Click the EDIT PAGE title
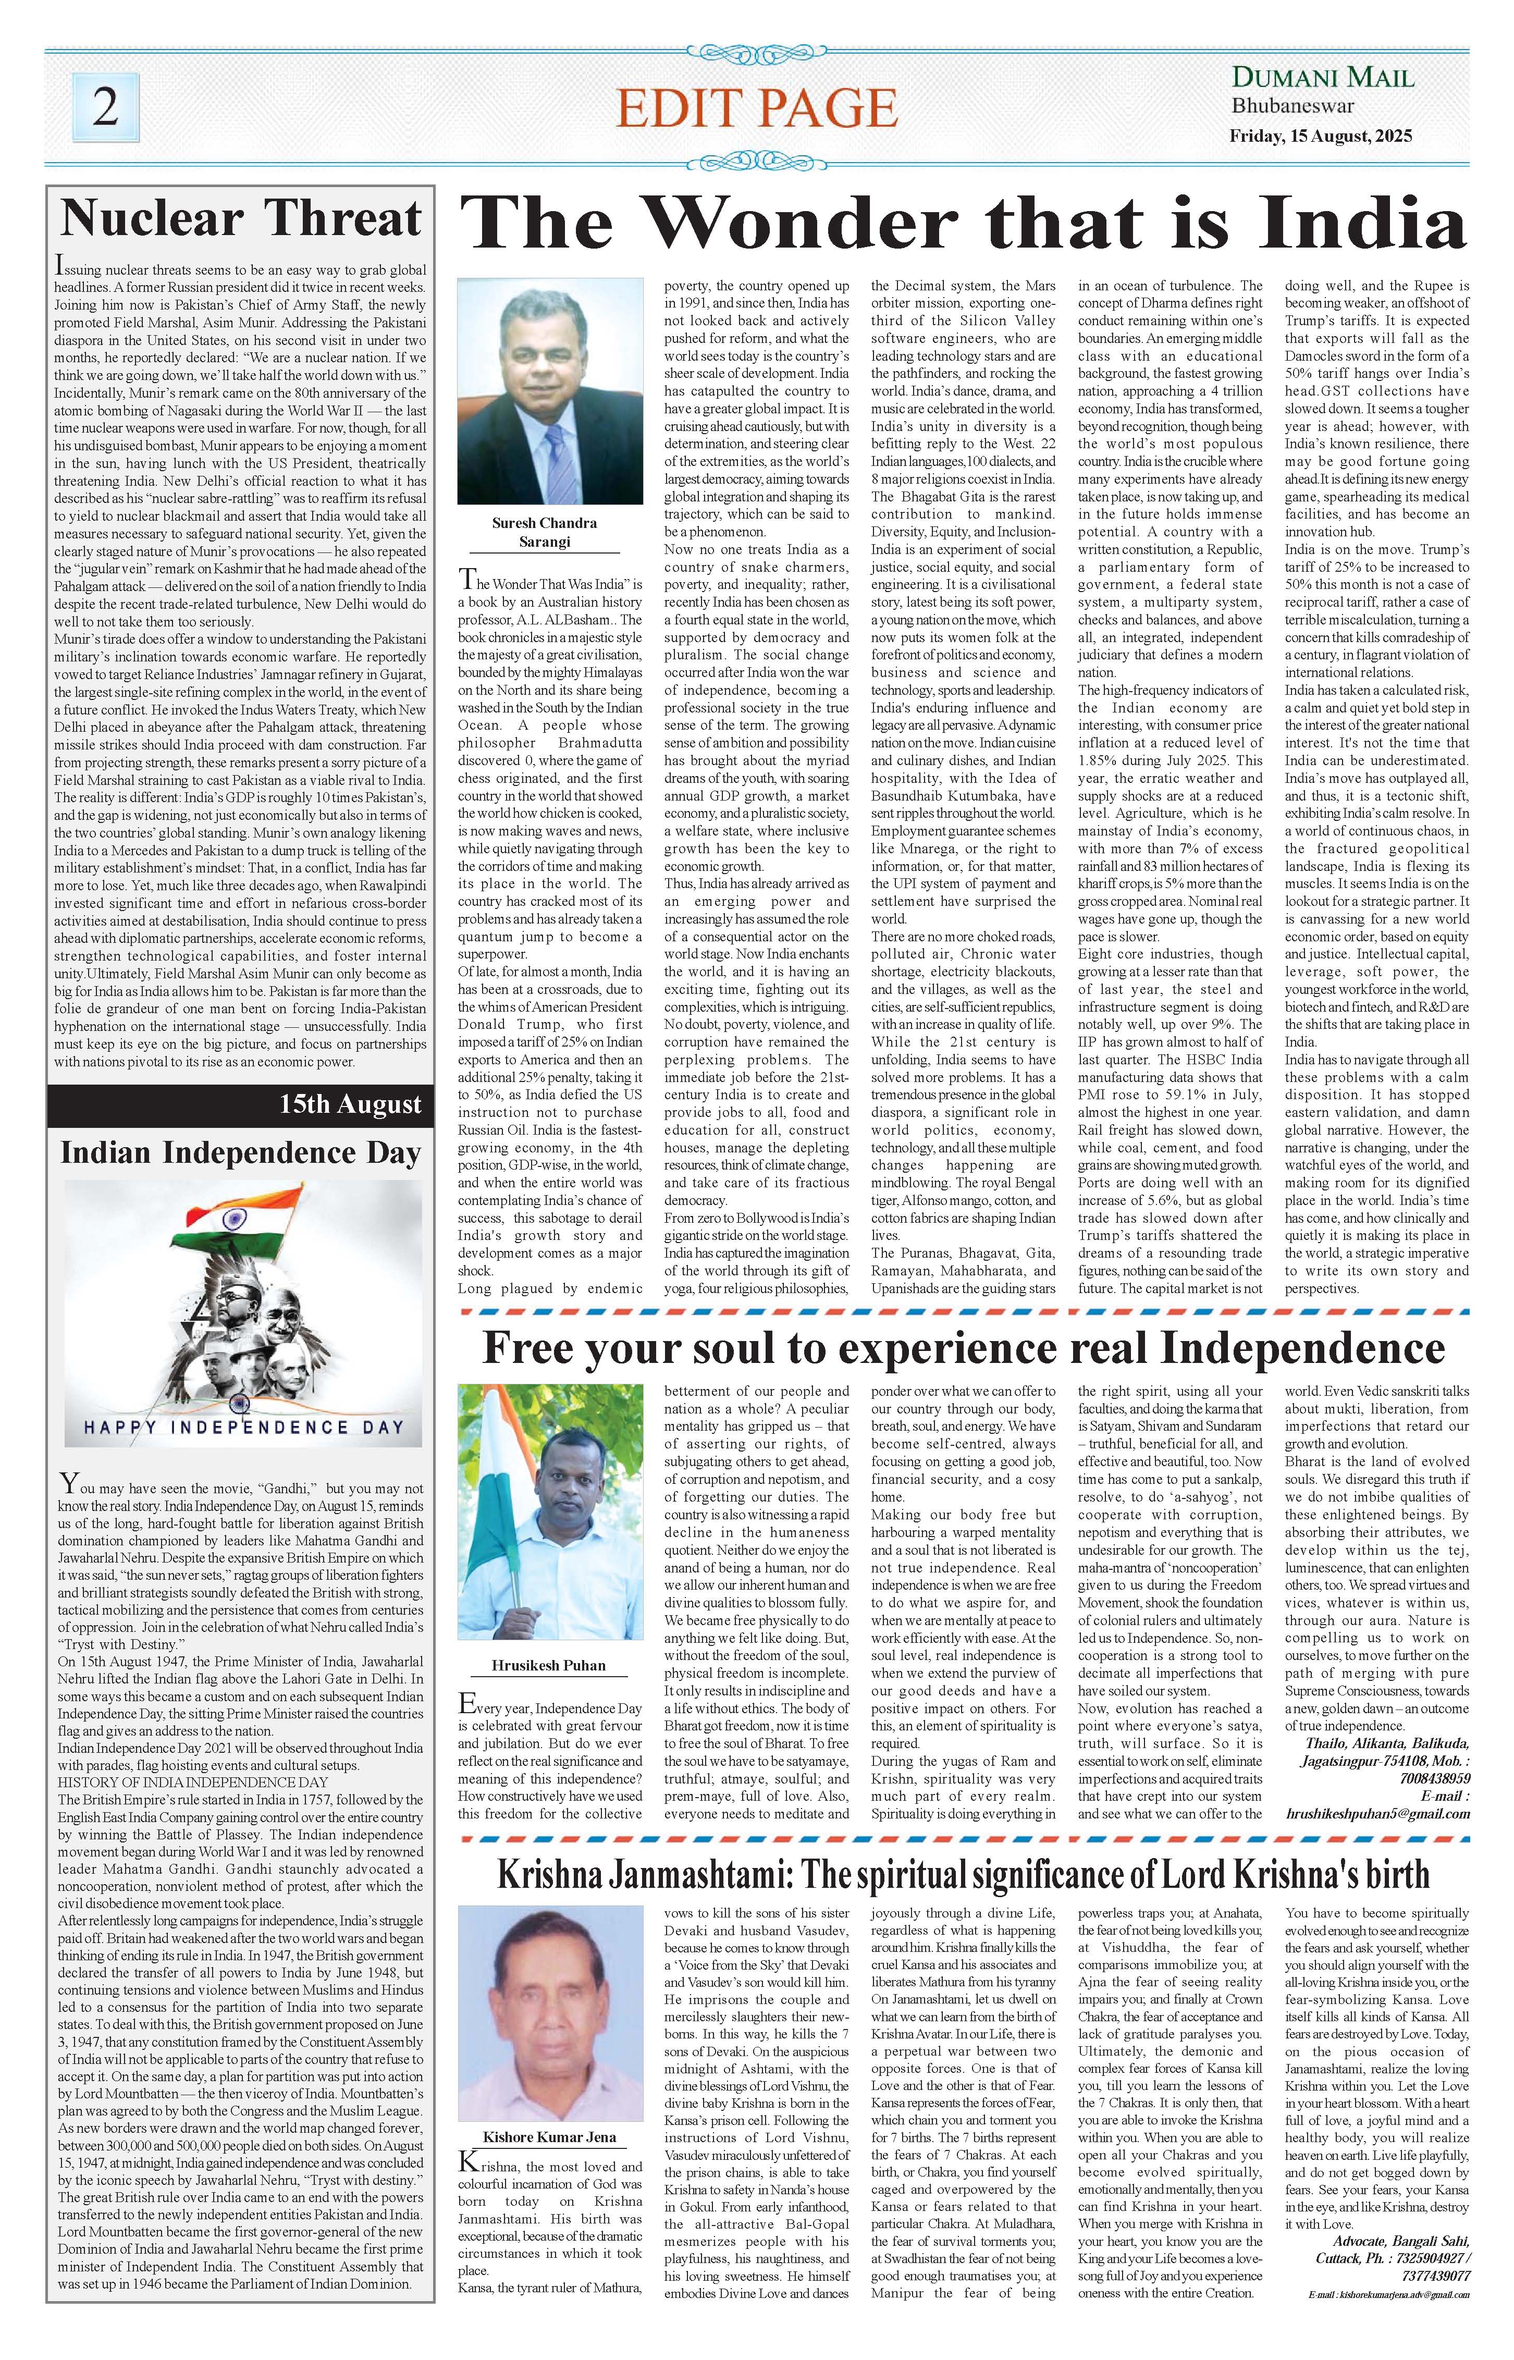tap(756, 108)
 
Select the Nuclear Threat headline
tap(241, 218)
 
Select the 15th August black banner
tap(241, 1104)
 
